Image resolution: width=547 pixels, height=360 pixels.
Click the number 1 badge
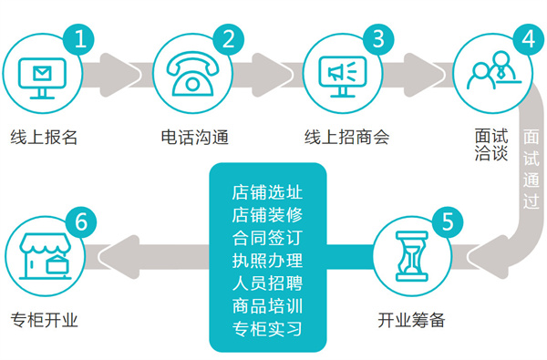[81, 40]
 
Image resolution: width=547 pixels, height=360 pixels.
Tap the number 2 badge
[228, 39]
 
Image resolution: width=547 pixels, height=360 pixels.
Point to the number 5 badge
[445, 222]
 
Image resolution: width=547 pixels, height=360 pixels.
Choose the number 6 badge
[81, 222]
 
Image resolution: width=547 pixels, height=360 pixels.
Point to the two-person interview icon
[487, 74]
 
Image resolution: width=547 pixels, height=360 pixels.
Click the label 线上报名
[44, 138]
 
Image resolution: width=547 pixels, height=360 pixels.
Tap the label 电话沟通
[194, 138]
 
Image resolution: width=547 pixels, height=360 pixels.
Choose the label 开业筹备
[411, 320]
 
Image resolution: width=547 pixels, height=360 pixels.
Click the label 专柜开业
[44, 320]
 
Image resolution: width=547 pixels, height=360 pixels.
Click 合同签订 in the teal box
[267, 239]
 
